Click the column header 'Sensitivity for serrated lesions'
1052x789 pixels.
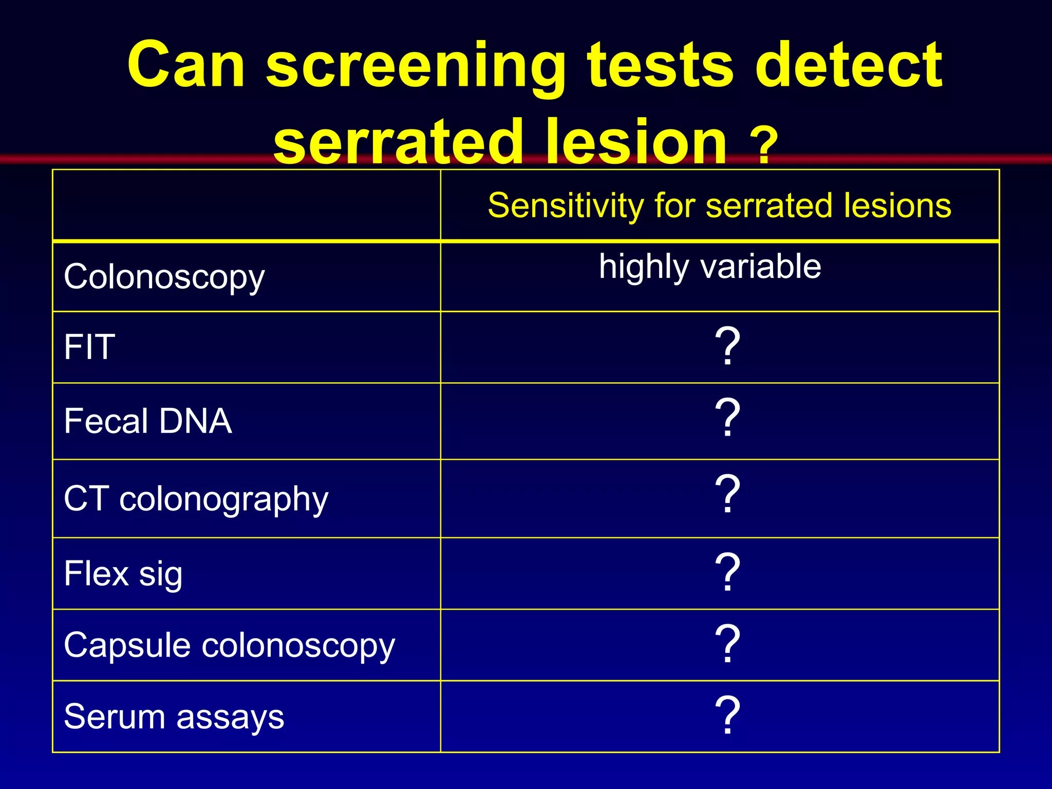719,205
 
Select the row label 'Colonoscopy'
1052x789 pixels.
164,277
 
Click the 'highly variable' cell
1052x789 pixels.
710,267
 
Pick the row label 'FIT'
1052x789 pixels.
89,347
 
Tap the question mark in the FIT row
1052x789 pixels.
727,346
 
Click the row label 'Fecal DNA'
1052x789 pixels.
148,421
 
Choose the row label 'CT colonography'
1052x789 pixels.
196,499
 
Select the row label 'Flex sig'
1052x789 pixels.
123,574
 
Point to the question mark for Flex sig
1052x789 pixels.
727,572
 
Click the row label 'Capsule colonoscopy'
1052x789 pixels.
229,646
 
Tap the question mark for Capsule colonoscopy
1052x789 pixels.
727,643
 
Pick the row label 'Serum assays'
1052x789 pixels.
174,717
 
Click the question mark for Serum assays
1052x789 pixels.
727,715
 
